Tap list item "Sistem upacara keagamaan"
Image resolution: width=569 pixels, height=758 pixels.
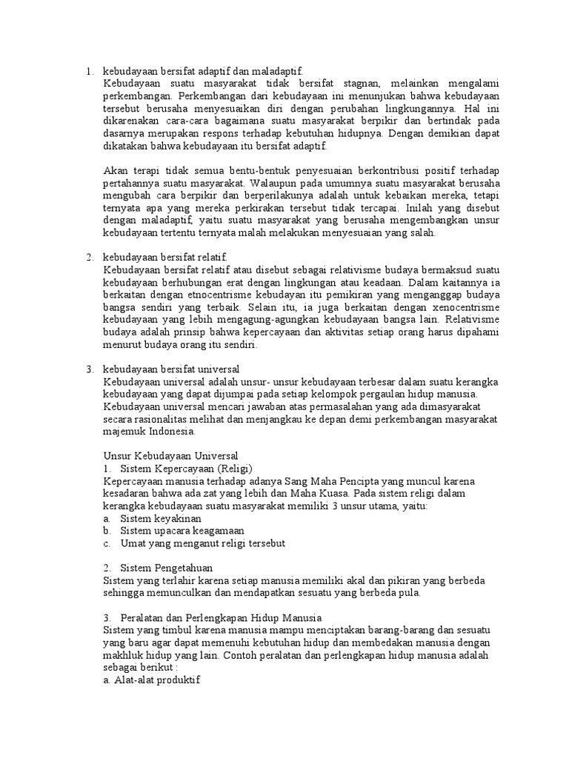(182, 531)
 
